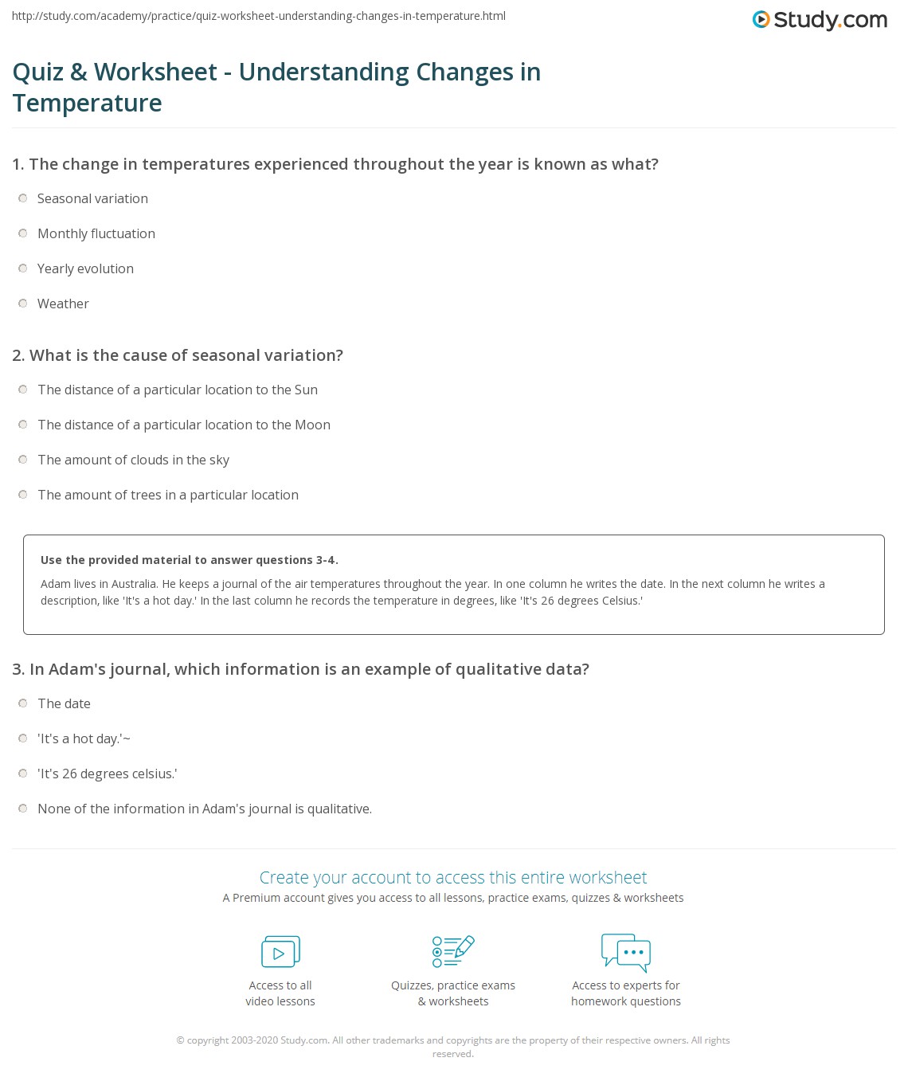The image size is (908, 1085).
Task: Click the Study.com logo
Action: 820,20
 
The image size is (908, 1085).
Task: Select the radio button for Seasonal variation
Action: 23,198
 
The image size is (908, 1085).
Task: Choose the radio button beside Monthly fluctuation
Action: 23,233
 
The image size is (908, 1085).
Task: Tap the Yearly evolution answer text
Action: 85,268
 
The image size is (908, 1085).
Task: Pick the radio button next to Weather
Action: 23,304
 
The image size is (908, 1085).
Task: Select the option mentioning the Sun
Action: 177,390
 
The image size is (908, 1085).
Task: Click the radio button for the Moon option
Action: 23,425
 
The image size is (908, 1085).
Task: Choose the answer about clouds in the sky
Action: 133,460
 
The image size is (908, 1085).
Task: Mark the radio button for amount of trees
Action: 23,495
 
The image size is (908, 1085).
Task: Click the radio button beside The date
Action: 23,703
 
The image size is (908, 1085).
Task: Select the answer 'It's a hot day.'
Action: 83,738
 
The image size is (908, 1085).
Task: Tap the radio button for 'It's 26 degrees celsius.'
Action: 23,774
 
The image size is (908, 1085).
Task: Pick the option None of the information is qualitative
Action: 204,809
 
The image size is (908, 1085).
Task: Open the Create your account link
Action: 453,877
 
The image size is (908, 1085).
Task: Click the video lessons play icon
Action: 280,952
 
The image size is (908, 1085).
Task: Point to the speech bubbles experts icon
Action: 626,952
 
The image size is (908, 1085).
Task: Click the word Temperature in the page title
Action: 88,103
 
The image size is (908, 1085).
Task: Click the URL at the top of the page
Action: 259,16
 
